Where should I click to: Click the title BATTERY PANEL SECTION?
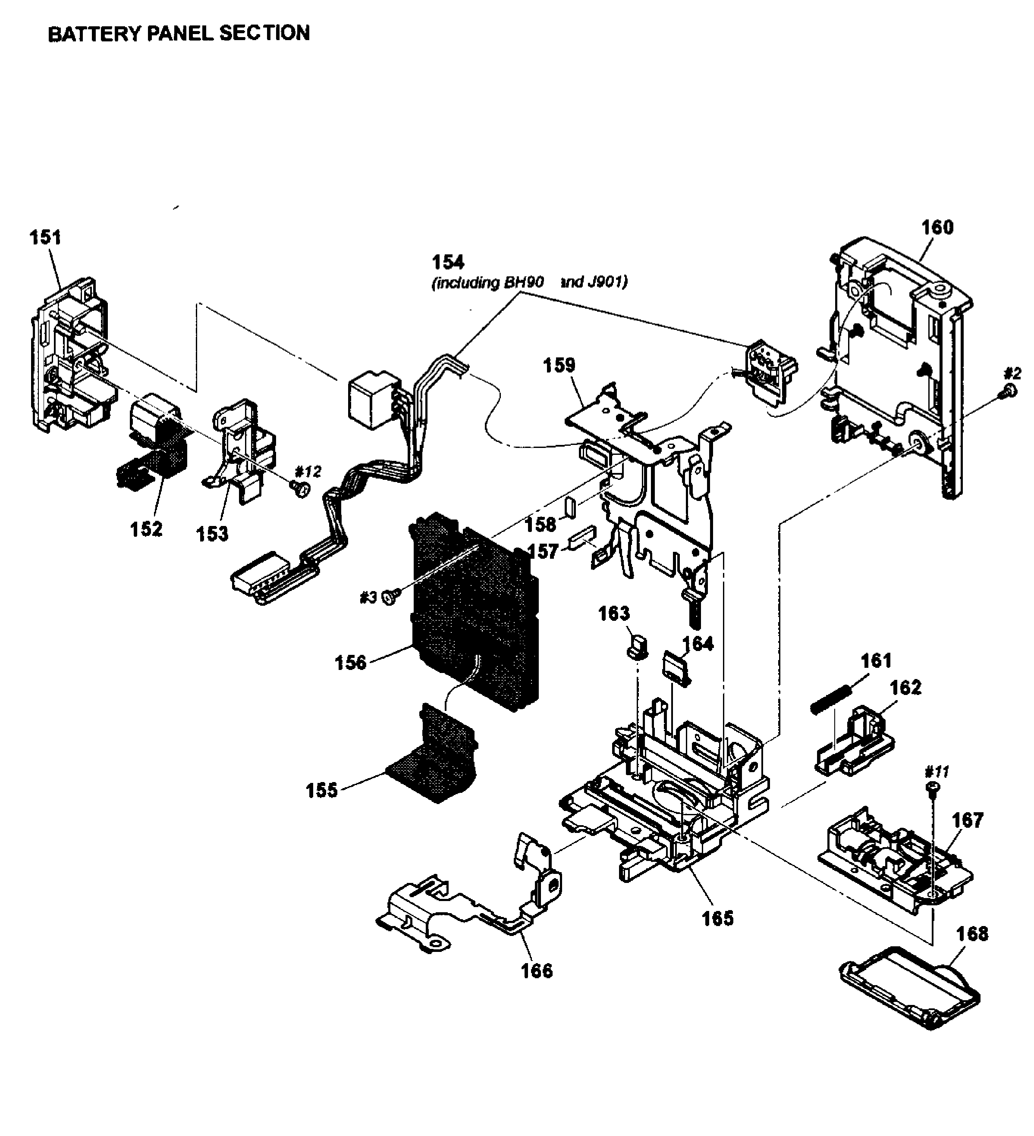[179, 33]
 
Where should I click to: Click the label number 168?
[972, 934]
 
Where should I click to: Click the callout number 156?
[350, 663]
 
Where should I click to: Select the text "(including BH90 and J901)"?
[529, 282]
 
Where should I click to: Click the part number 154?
[448, 262]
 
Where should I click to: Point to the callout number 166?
[537, 970]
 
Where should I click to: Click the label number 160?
[937, 227]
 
